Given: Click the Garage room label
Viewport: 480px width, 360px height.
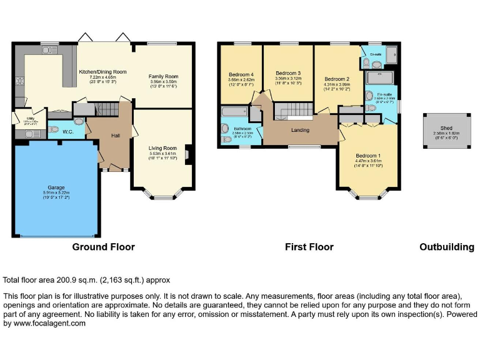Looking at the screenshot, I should pyautogui.click(x=57, y=187).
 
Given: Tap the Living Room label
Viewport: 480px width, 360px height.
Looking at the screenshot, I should pyautogui.click(x=163, y=148).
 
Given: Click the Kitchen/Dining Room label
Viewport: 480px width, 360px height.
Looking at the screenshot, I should pyautogui.click(x=102, y=72).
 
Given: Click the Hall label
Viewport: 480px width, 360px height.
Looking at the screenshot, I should pyautogui.click(x=116, y=135).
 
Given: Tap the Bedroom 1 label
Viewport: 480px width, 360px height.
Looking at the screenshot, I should pyautogui.click(x=368, y=155).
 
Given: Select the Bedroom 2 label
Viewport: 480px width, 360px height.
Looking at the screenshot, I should pyautogui.click(x=337, y=79).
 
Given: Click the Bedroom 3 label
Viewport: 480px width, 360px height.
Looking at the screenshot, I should pyautogui.click(x=289, y=73).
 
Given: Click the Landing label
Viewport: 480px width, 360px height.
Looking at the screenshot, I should pyautogui.click(x=301, y=130).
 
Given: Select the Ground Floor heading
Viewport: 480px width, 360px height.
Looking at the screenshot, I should pyautogui.click(x=104, y=247).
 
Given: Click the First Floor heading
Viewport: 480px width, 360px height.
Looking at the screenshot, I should pyautogui.click(x=309, y=247).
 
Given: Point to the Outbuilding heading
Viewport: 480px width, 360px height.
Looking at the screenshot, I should pyautogui.click(x=446, y=247).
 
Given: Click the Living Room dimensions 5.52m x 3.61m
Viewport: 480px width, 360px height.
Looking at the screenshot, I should pyautogui.click(x=163, y=153).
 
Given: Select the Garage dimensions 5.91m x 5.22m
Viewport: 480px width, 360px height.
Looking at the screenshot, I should pyautogui.click(x=57, y=192).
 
